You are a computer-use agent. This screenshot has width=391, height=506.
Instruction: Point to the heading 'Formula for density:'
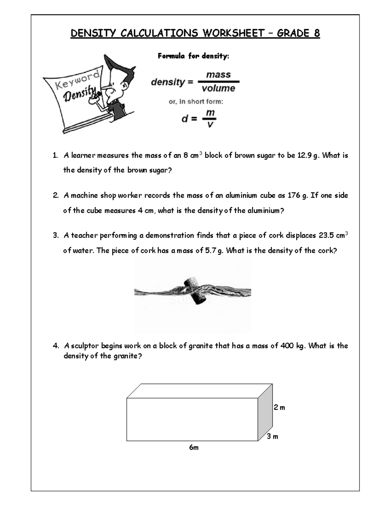pos(193,56)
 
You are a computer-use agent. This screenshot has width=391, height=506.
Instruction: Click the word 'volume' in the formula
pos(218,88)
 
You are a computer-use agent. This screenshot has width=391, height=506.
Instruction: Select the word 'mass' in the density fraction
pos(218,75)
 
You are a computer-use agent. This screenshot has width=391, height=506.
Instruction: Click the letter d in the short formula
pos(185,119)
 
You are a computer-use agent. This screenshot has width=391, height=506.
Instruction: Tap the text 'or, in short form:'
pos(196,102)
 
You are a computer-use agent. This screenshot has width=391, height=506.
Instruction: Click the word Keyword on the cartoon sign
pos(77,80)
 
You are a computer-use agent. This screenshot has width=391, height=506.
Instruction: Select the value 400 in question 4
pos(287,346)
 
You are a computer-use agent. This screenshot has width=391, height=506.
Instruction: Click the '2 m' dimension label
pos(279,407)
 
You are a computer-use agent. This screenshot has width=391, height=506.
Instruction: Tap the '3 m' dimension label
pos(272,437)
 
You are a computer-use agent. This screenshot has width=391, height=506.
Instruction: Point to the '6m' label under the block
pos(194,448)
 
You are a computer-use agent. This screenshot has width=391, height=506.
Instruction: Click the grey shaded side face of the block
pos(265,412)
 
